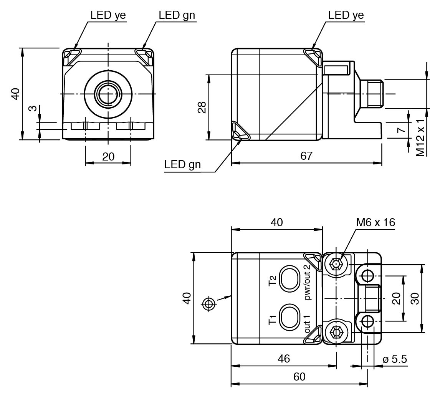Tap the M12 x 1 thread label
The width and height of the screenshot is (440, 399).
pyautogui.click(x=420, y=137)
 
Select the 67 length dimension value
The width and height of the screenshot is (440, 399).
pyautogui.click(x=306, y=156)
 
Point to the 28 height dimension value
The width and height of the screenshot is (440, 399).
pyautogui.click(x=202, y=107)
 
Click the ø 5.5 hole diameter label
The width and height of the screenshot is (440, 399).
pyautogui.click(x=395, y=359)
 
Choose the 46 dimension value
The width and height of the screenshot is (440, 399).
pyautogui.click(x=284, y=359)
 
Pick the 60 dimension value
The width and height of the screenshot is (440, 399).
pyautogui.click(x=299, y=377)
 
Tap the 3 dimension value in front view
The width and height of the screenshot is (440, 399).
pyautogui.click(x=33, y=108)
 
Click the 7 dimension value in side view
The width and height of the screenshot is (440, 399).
pyautogui.click(x=402, y=130)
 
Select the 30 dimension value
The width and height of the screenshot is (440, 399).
pyautogui.click(x=414, y=298)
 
